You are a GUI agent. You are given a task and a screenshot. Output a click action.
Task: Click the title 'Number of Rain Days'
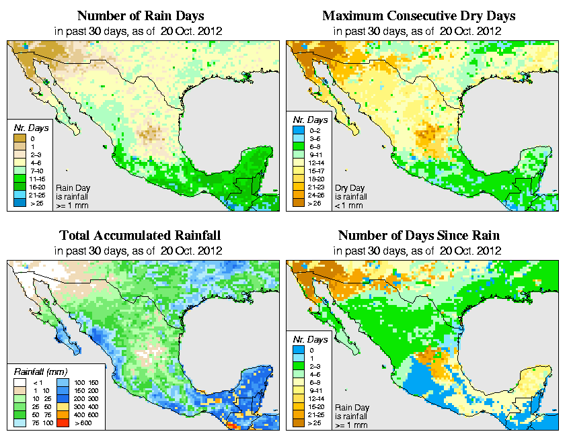coord(140,15)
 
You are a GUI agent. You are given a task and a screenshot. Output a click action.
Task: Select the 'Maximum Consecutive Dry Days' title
coord(420,15)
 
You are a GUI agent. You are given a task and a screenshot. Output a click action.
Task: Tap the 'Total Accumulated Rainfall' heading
coord(140,236)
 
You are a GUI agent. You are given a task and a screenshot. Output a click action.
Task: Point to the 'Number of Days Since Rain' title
coord(420,236)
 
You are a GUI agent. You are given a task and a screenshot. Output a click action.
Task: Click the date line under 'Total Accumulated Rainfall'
coord(140,250)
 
